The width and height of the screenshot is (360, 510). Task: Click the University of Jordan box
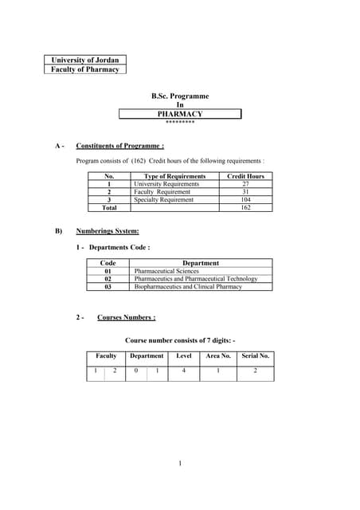84,60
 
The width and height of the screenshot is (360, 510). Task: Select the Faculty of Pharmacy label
84,69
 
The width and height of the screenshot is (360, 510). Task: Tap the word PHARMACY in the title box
180,114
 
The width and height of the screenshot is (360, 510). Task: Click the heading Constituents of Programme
120,146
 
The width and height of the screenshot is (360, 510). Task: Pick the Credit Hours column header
245,176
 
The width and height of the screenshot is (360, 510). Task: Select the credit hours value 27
245,184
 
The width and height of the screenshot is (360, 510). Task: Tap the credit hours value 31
245,192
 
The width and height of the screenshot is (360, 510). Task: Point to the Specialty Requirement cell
163,200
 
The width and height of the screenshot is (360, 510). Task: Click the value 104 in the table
245,200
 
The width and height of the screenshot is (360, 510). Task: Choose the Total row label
109,208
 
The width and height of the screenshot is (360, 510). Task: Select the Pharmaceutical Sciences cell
166,271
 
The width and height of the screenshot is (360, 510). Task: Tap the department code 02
109,279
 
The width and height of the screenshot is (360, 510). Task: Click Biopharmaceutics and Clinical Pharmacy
188,287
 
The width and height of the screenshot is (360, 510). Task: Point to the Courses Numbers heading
126,317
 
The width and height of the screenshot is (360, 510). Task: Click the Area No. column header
218,355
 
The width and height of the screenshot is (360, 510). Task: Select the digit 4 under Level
184,371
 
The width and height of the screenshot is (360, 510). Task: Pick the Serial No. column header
256,355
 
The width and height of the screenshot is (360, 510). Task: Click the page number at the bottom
180,463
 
